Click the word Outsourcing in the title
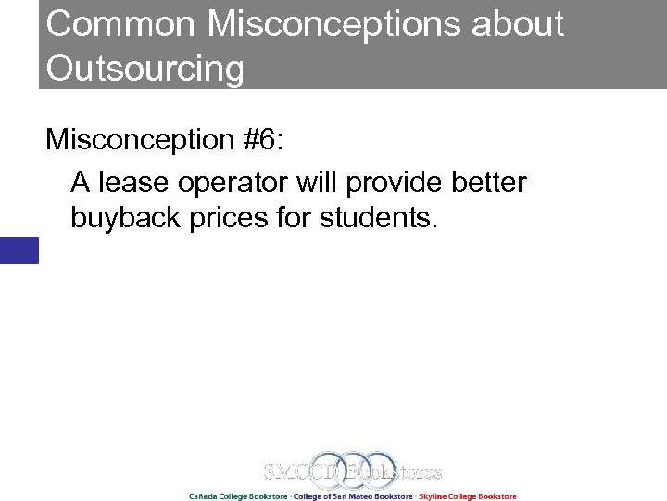click(145, 68)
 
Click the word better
click(488, 183)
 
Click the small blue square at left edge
click(19, 250)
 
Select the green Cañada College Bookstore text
click(237, 496)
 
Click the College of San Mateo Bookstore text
click(353, 496)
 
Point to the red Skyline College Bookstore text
click(468, 496)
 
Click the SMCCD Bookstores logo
click(352, 472)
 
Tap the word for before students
click(297, 220)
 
